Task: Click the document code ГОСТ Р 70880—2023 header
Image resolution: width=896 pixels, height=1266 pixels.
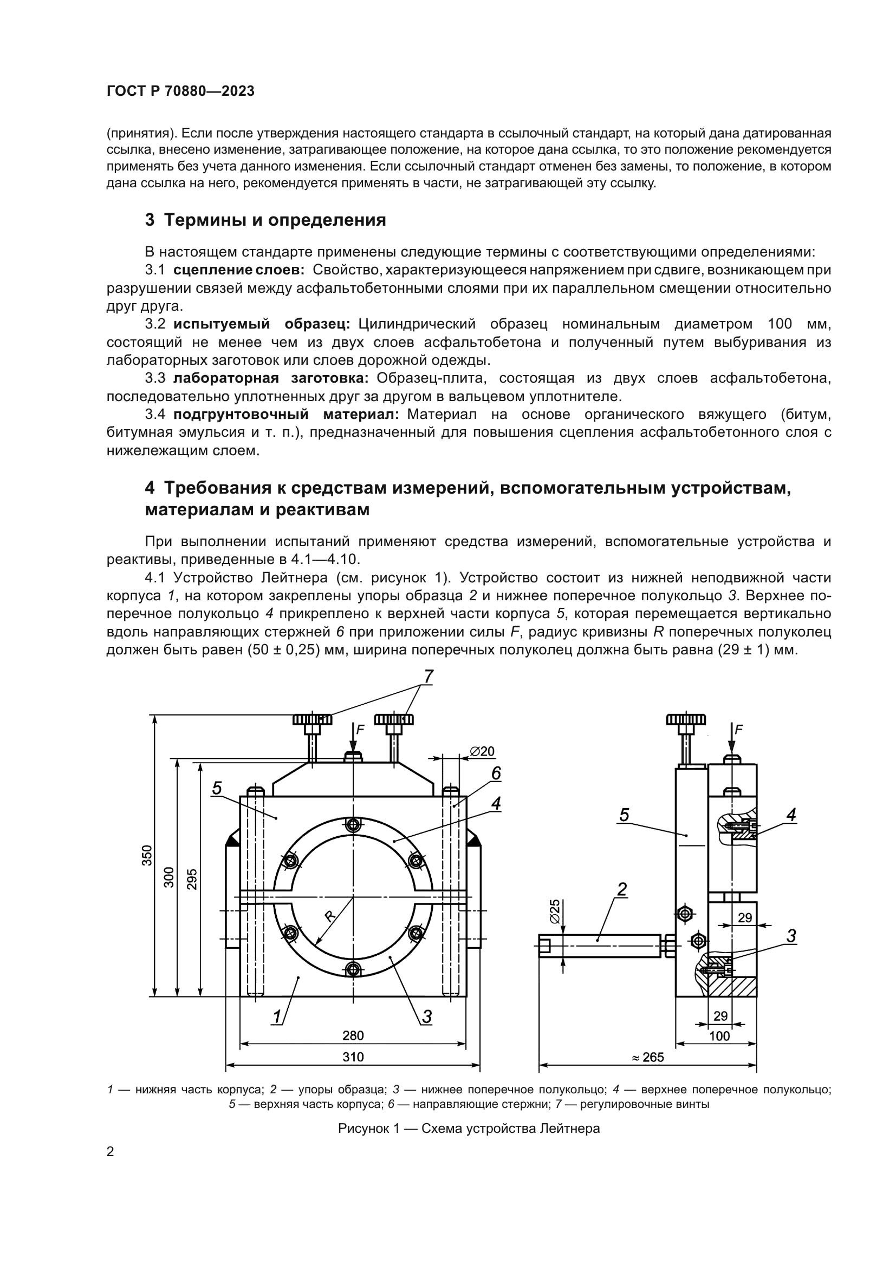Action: coord(180,91)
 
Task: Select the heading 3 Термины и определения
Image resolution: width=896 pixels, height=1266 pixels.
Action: coord(265,220)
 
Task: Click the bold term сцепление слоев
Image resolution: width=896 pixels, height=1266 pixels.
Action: coord(238,270)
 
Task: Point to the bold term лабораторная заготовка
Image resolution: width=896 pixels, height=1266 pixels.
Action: coord(270,378)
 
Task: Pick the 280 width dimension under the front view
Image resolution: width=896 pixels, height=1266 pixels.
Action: coord(353,1035)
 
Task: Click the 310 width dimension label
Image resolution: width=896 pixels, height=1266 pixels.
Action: coord(353,1057)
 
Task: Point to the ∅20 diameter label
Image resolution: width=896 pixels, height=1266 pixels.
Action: coord(482,752)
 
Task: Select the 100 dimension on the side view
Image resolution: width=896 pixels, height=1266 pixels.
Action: coord(719,1036)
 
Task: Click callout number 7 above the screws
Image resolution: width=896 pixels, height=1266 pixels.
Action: coord(428,677)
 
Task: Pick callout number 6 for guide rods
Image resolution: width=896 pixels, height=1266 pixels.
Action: coord(496,773)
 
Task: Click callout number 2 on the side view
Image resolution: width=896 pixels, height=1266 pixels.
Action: coord(622,889)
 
